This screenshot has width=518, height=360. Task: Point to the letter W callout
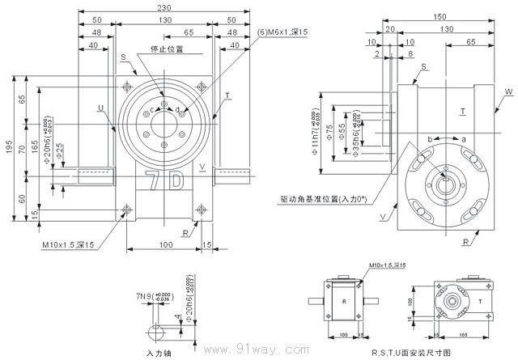coord(508,93)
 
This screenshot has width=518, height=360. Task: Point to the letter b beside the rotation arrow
coord(430,139)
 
